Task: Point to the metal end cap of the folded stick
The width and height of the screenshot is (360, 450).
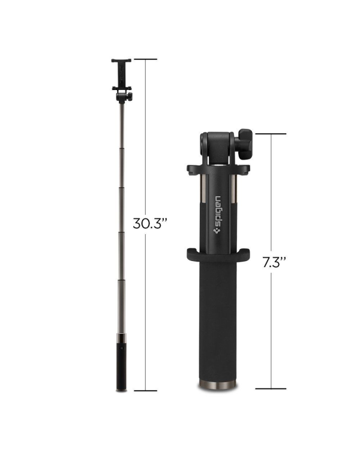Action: [x=218, y=385]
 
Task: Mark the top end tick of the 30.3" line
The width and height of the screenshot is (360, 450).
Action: [x=145, y=59]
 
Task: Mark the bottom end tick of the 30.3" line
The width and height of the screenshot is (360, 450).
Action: [x=145, y=391]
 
